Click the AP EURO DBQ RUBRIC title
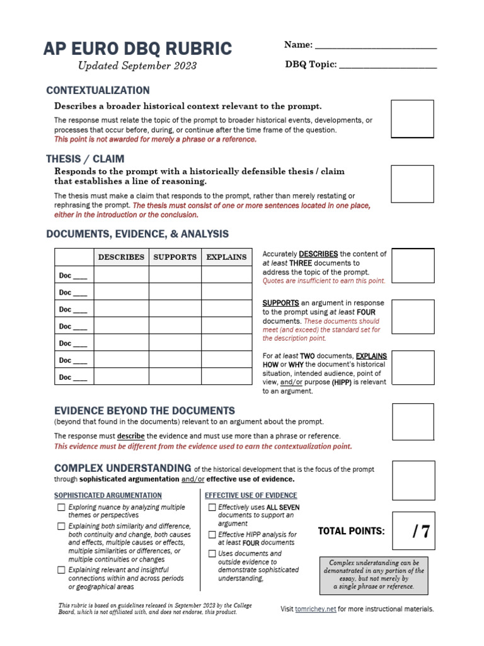coord(137,49)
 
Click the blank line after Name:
coord(375,45)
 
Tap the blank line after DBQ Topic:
coord(388,65)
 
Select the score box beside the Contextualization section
coord(413,119)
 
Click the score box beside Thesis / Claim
coord(413,184)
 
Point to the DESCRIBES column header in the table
coord(121,257)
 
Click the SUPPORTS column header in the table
coord(175,257)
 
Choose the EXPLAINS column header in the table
coord(226,257)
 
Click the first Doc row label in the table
coord(73,276)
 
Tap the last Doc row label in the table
coord(73,377)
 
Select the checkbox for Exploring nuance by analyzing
coord(61,507)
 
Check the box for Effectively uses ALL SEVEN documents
coord(212,507)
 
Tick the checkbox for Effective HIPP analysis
coord(212,534)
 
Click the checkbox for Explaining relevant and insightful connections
coord(61,570)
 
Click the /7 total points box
coord(413,531)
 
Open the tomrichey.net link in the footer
coord(315,609)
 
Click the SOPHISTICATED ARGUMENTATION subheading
coord(108,496)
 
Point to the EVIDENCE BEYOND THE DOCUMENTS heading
coord(144,411)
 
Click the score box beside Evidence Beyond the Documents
coord(413,422)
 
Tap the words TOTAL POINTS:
coord(351,531)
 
